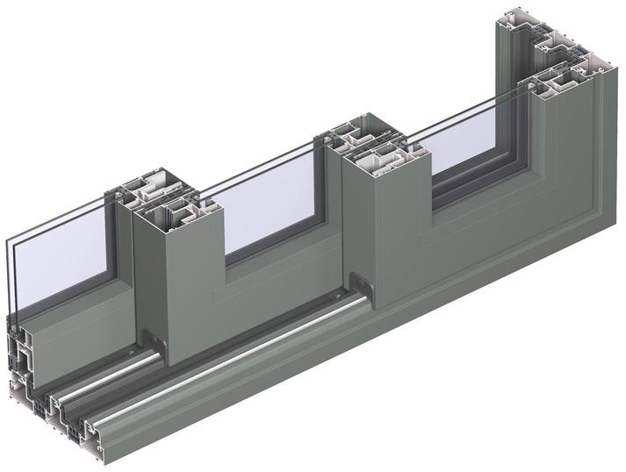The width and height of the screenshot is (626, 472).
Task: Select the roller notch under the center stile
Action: (360, 283)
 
